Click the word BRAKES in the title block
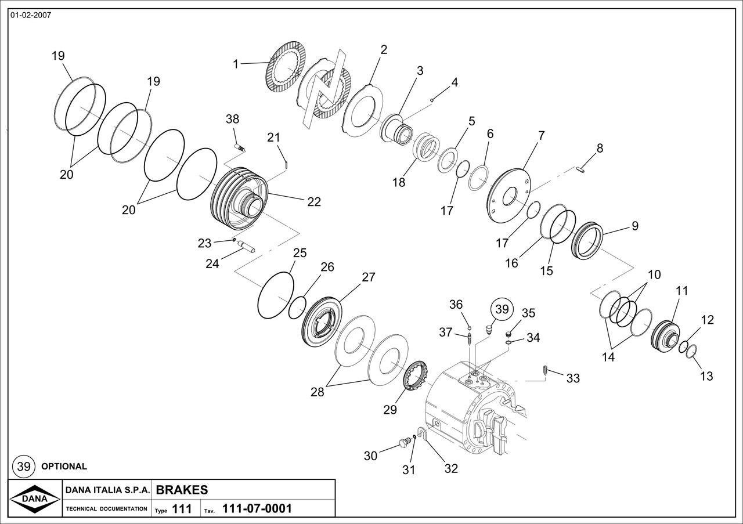(182, 489)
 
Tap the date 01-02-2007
(31, 15)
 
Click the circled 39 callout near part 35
(502, 309)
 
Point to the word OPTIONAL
(64, 466)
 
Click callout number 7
(541, 136)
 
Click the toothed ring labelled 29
(415, 377)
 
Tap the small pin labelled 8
(583, 169)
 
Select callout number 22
(314, 201)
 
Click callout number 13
(706, 376)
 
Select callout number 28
(317, 392)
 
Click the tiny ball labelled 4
(432, 100)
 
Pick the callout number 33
(573, 378)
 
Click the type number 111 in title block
(182, 509)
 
